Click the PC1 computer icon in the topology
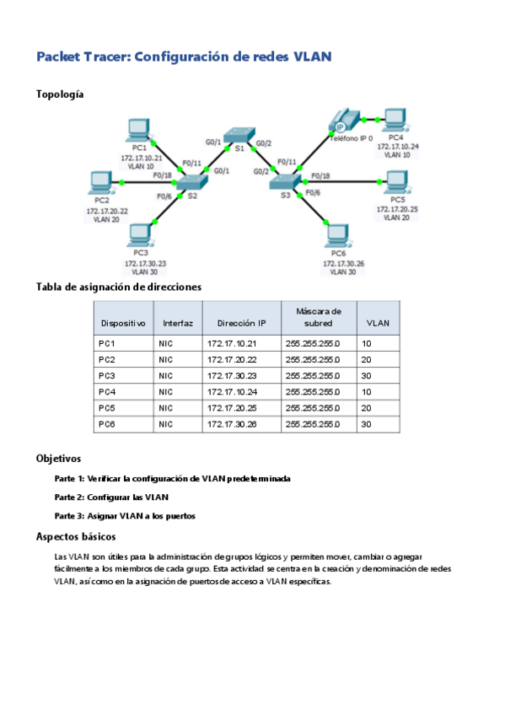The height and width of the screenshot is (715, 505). pyautogui.click(x=137, y=131)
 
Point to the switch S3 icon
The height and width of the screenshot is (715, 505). pyautogui.click(x=283, y=180)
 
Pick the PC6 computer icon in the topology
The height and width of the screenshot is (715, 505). pyautogui.click(x=339, y=237)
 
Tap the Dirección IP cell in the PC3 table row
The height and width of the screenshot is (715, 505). pyautogui.click(x=232, y=375)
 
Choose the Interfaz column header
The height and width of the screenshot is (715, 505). pyautogui.click(x=178, y=323)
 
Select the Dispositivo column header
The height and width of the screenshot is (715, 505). pyautogui.click(x=123, y=323)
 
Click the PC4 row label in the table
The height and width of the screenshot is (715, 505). pyautogui.click(x=107, y=391)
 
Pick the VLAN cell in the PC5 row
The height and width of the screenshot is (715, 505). pyautogui.click(x=367, y=408)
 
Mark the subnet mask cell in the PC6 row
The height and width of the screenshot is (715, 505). pyautogui.click(x=313, y=424)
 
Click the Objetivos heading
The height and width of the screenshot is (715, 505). pyautogui.click(x=58, y=459)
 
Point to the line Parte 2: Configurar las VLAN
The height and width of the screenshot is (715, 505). pyautogui.click(x=111, y=497)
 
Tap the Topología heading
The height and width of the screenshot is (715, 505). pyautogui.click(x=59, y=94)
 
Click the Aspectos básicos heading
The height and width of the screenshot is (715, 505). pyautogui.click(x=76, y=536)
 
